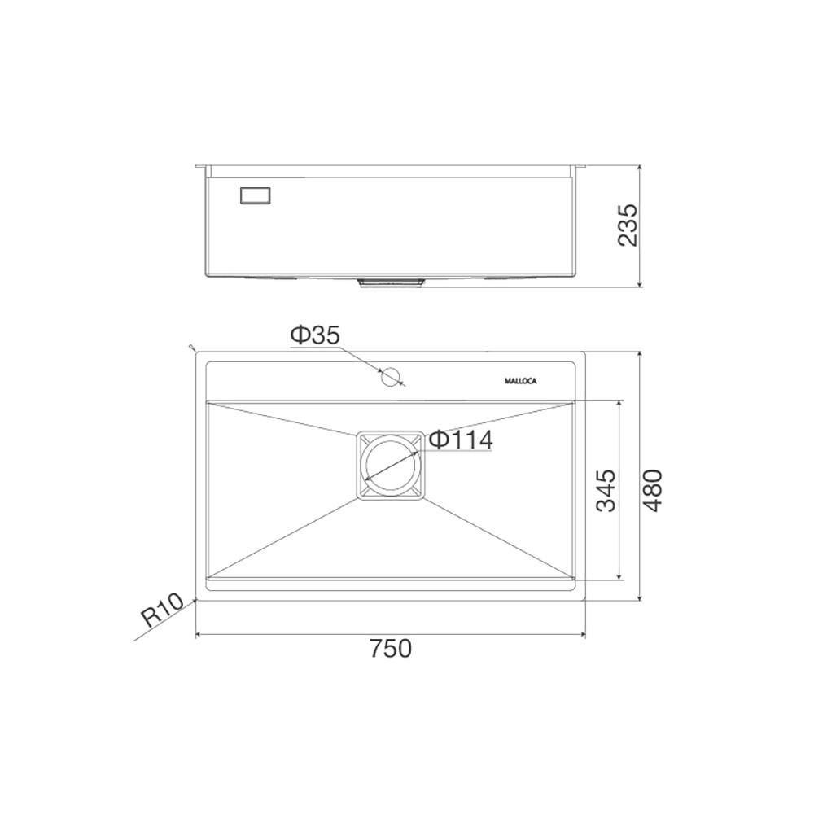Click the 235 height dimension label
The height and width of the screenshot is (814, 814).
(628, 225)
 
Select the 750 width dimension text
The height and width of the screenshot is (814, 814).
(391, 649)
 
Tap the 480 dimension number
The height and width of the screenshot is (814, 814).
(653, 491)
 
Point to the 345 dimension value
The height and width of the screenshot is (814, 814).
(606, 491)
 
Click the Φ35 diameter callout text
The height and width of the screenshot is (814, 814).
(315, 335)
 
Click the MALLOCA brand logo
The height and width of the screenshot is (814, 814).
(521, 381)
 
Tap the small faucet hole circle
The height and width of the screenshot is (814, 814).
(391, 377)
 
